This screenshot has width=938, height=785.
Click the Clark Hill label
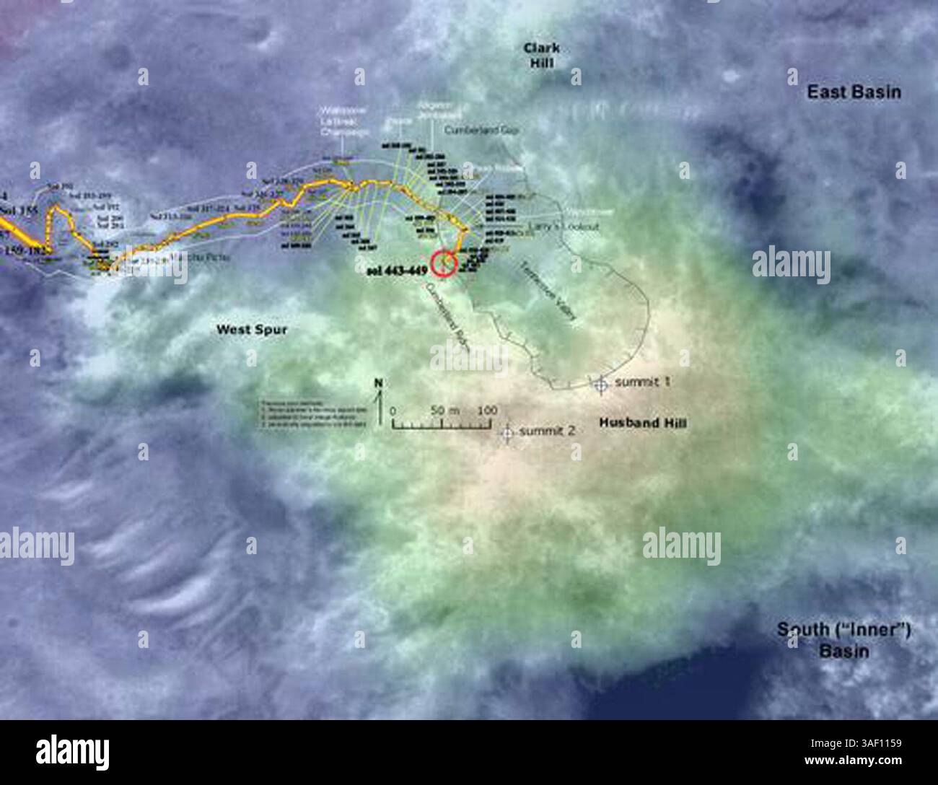(542, 55)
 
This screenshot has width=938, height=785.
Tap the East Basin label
(854, 92)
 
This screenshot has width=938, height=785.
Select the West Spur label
(253, 330)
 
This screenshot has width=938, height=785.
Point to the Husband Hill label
(642, 423)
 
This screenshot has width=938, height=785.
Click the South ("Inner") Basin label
(843, 640)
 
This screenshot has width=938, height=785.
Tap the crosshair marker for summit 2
(506, 431)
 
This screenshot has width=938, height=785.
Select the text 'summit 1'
(643, 382)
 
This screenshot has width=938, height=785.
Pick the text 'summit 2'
(548, 431)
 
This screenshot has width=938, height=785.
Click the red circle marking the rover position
(443, 264)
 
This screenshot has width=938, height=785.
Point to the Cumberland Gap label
(483, 131)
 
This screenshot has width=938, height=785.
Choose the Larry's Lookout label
(574, 227)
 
